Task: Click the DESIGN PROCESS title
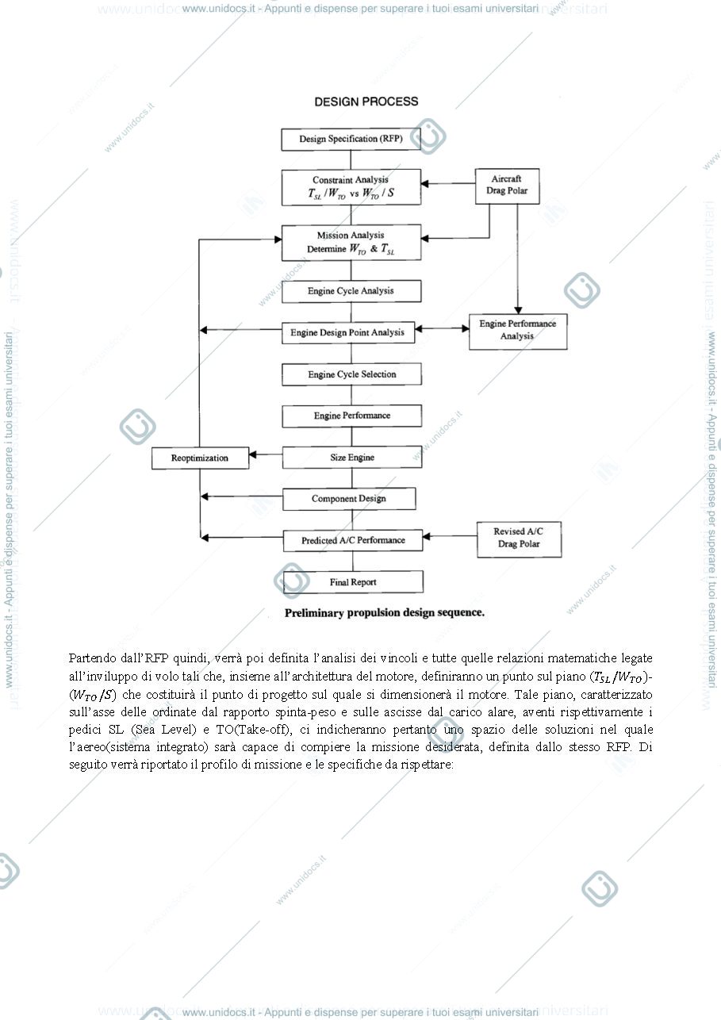pyautogui.click(x=366, y=102)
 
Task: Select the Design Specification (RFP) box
pyautogui.click(x=351, y=140)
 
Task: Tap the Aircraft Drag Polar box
pyautogui.click(x=507, y=186)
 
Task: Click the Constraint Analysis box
pyautogui.click(x=351, y=187)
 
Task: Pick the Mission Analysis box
pyautogui.click(x=351, y=243)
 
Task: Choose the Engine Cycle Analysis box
pyautogui.click(x=351, y=291)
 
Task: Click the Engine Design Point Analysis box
pyautogui.click(x=348, y=333)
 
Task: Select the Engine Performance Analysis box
pyautogui.click(x=518, y=332)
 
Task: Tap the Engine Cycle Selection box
pyautogui.click(x=351, y=374)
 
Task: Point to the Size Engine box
pyautogui.click(x=352, y=458)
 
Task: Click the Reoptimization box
pyautogui.click(x=200, y=458)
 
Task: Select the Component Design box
pyautogui.click(x=349, y=499)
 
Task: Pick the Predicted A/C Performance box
pyautogui.click(x=353, y=540)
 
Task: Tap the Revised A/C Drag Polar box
pyautogui.click(x=519, y=539)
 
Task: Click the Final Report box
pyautogui.click(x=353, y=582)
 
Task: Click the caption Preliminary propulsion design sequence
pyautogui.click(x=385, y=613)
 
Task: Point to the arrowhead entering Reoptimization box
pyautogui.click(x=253, y=454)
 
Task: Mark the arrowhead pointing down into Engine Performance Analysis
pyautogui.click(x=517, y=310)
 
